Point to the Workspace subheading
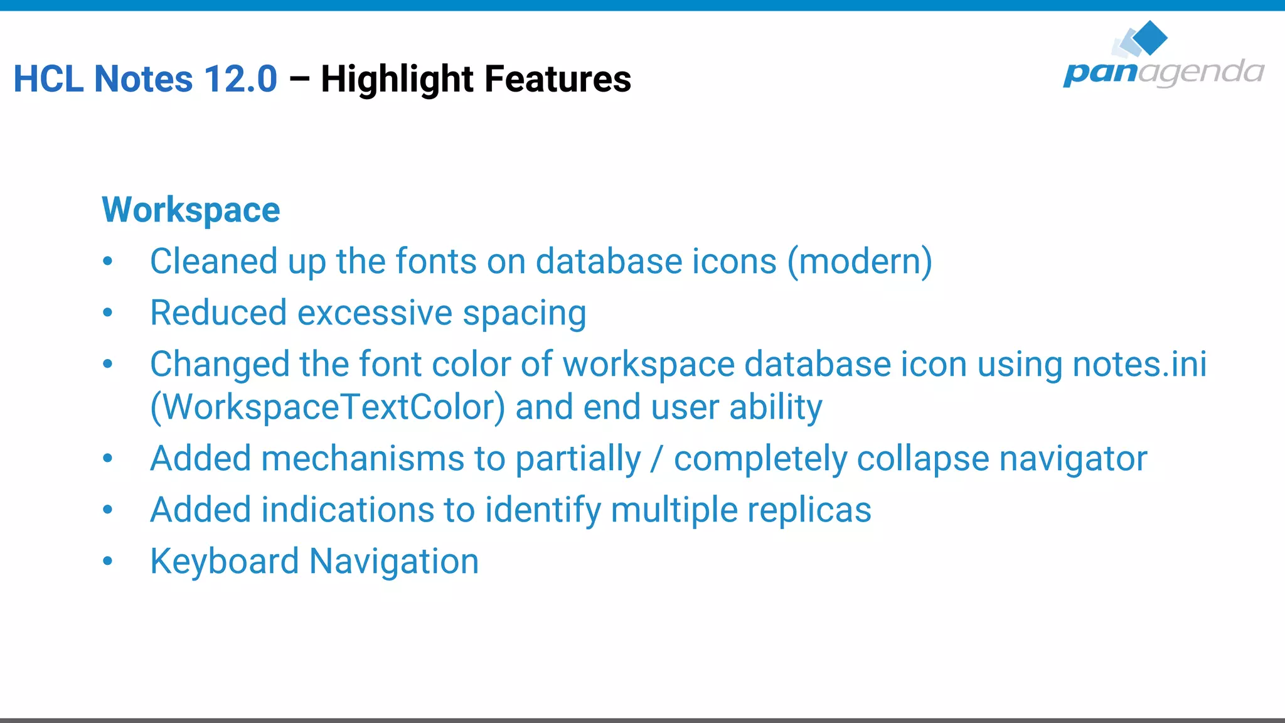191,210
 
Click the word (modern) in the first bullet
860,261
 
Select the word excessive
375,313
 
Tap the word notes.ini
1139,364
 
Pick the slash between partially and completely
657,459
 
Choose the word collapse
923,459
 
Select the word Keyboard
224,561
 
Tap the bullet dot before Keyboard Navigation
108,560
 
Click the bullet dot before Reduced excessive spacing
108,312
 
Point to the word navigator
1073,459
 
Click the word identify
542,510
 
